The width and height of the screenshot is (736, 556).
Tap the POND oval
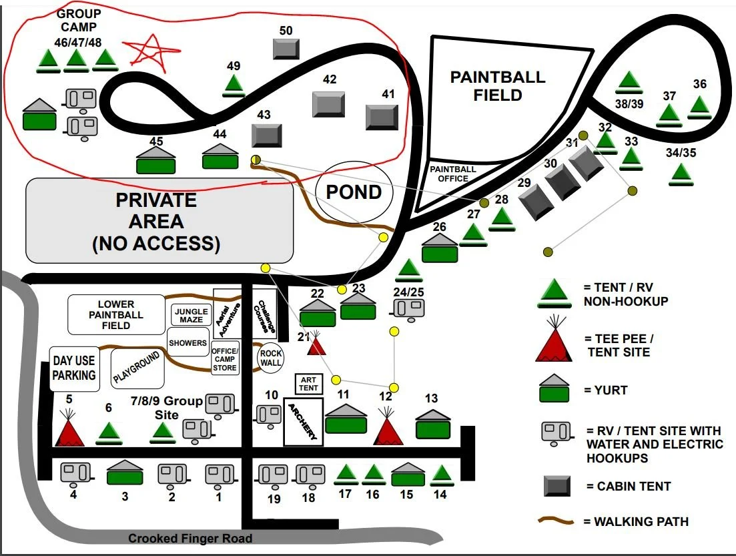[x=354, y=192]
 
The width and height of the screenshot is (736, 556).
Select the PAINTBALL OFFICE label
[x=452, y=174]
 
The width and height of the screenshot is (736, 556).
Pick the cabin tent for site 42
[x=329, y=104]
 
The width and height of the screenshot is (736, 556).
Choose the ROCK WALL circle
[x=270, y=358]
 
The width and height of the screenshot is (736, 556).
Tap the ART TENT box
[x=308, y=383]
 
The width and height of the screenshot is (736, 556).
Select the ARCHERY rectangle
[x=304, y=422]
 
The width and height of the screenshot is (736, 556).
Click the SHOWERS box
[x=188, y=343]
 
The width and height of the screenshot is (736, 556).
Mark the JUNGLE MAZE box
[x=191, y=314]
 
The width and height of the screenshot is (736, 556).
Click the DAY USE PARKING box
[x=74, y=368]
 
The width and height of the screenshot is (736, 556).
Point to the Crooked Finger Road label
[x=190, y=538]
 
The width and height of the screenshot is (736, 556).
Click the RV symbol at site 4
[x=73, y=473]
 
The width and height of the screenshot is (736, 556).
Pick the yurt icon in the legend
[x=554, y=388]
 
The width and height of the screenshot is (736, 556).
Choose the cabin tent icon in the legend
[x=557, y=486]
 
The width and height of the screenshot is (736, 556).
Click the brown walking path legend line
[x=557, y=519]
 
